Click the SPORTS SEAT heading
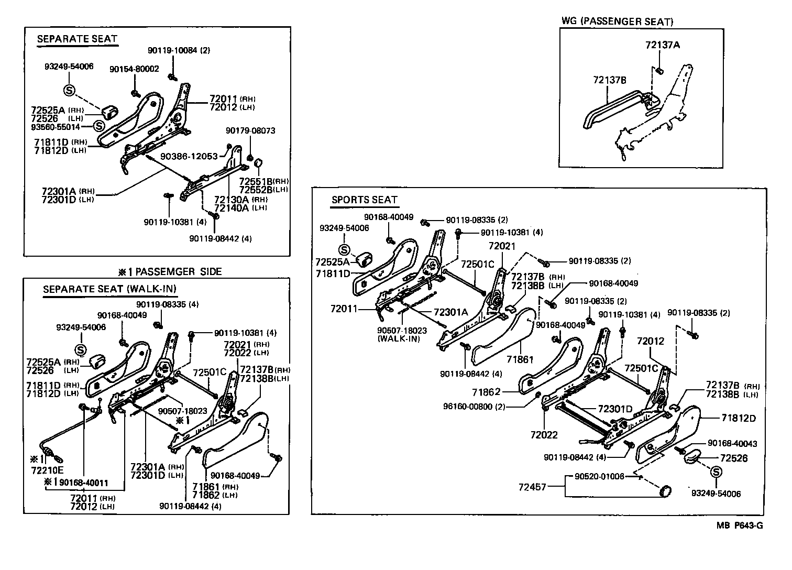[365, 200]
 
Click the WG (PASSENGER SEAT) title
[617, 21]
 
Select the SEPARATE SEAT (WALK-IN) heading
[109, 289]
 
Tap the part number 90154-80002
[134, 69]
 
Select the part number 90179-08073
[250, 130]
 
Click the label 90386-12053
[189, 157]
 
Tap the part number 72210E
[47, 470]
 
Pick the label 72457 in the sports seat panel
[532, 487]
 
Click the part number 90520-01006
[599, 476]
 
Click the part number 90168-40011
[84, 481]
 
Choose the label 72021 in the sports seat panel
[502, 246]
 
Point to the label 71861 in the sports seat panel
[520, 360]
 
